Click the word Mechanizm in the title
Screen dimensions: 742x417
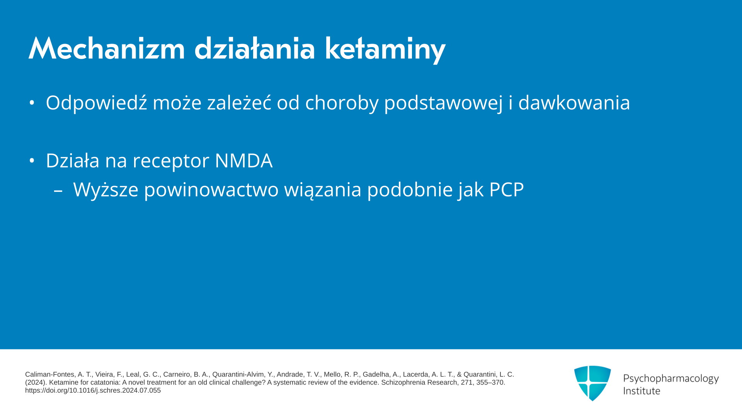(107, 49)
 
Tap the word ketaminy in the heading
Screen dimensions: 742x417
(385, 49)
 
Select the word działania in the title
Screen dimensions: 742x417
(255, 49)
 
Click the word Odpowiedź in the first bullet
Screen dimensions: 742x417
(97, 103)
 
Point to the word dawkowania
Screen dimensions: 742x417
(574, 103)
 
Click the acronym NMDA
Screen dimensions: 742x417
(243, 161)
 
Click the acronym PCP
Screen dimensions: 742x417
(506, 190)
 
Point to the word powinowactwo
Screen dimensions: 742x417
(211, 190)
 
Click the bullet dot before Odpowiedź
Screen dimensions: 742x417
(32, 103)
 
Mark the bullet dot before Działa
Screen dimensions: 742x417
(32, 161)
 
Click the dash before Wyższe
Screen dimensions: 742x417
(58, 190)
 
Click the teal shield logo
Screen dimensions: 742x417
(592, 383)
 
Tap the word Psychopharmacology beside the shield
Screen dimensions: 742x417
(671, 378)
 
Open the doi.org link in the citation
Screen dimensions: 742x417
(93, 390)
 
